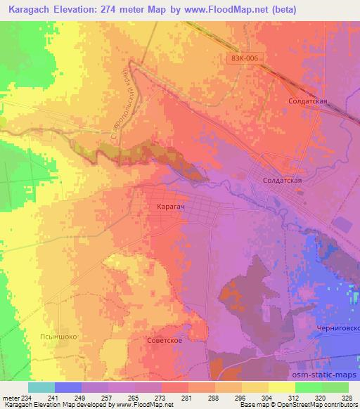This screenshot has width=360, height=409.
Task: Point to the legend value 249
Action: tap(80, 397)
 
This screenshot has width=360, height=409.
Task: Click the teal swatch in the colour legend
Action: tap(41, 387)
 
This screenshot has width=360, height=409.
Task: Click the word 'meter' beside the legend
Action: tap(10, 397)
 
